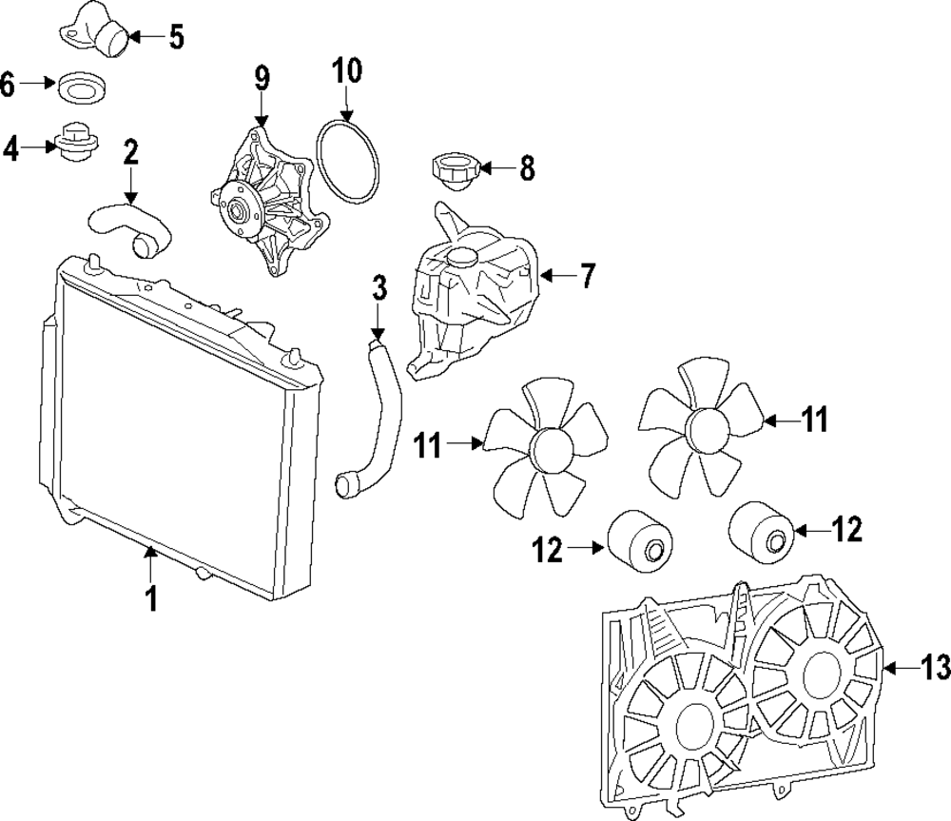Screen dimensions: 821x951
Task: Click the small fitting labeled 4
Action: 74,145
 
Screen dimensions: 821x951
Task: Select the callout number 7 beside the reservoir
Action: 587,277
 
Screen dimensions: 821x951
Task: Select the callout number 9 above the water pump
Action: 262,79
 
